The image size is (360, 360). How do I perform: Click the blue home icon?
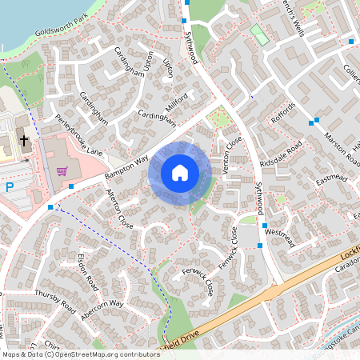click(180, 172)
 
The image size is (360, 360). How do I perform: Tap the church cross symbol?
click(24, 141)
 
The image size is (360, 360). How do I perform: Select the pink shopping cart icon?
click(62, 171)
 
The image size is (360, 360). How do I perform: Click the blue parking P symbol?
click(9, 187)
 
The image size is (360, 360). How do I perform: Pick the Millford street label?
click(175, 102)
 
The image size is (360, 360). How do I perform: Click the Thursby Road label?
click(55, 300)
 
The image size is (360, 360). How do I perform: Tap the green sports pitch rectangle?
click(258, 34)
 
